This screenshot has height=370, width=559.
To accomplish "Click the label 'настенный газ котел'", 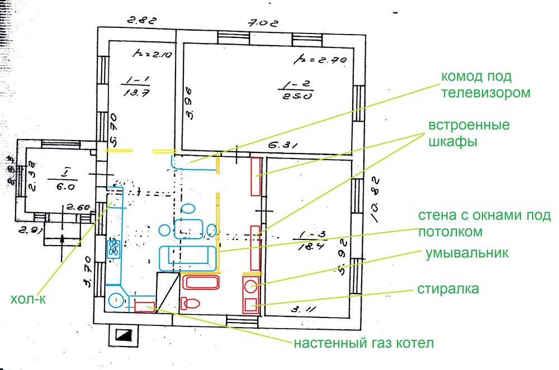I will (x=364, y=341).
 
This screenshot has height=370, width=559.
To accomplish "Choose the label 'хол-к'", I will (x=28, y=299).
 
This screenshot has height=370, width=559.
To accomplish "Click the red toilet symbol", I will (x=191, y=303).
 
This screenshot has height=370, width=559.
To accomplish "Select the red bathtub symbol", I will (x=201, y=282).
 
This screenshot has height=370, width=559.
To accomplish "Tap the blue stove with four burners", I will (x=115, y=248).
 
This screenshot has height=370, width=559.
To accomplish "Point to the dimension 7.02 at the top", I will (x=260, y=23).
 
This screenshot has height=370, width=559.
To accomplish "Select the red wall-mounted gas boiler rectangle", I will (x=145, y=306).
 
